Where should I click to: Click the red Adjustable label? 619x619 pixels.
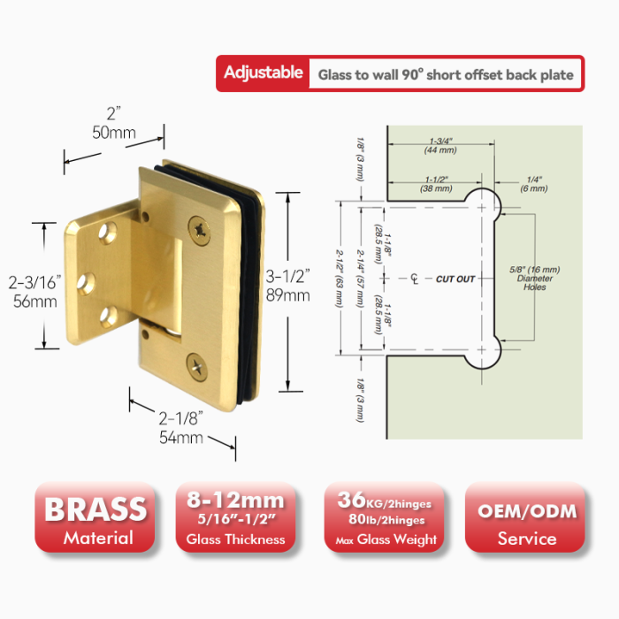pos(264,73)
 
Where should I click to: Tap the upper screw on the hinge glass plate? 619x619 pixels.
pos(199,230)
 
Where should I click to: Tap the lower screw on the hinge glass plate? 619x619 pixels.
pos(197,367)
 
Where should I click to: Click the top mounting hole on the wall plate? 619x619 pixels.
pos(108,233)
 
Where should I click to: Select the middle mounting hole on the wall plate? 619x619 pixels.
pos(86,284)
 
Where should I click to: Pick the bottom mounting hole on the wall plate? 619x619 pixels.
pos(109,317)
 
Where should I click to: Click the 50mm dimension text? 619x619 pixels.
pos(114,133)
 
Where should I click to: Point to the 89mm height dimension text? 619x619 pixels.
pos(287,295)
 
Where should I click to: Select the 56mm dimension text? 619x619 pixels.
pos(35,302)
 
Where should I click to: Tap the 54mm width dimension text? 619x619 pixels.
pos(181,438)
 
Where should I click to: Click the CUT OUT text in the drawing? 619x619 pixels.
pos(455,279)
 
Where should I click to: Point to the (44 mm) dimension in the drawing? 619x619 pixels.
pos(440,150)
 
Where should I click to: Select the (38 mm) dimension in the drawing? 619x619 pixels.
pos(436,188)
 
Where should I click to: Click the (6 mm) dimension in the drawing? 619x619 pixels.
pos(534,188)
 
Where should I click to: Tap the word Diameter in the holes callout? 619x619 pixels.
pos(535,279)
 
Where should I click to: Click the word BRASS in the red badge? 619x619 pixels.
pos(96,509)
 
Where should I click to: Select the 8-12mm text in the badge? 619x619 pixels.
pos(236,501)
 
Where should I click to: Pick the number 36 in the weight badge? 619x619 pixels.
pos(352,500)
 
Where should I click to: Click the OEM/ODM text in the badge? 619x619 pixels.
pos(527,512)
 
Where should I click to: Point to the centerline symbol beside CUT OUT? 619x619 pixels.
pos(414,279)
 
